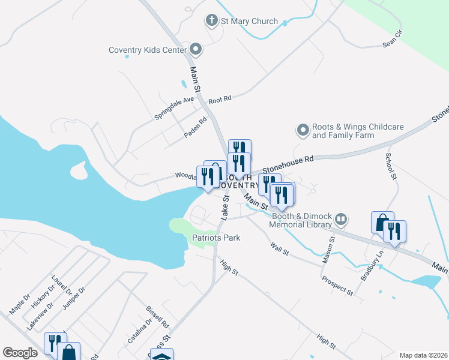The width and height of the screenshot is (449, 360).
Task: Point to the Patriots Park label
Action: [216, 238]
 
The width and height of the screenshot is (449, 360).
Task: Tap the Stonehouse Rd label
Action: [288, 161]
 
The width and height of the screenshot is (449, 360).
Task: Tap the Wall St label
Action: [280, 247]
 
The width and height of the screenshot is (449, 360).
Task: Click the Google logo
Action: [20, 353]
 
